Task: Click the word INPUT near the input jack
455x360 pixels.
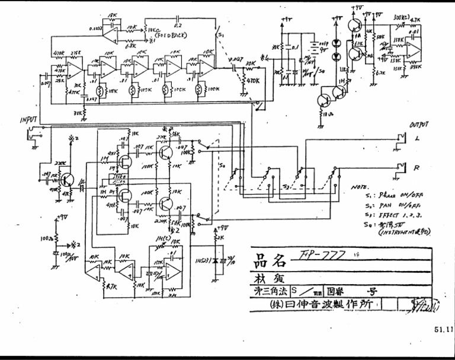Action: point(28,120)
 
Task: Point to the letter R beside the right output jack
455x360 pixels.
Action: point(417,168)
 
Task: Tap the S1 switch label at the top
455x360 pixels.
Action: point(222,37)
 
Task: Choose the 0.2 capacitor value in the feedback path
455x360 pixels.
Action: point(178,26)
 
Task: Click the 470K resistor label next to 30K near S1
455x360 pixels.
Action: point(251,80)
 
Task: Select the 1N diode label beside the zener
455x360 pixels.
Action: point(198,259)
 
